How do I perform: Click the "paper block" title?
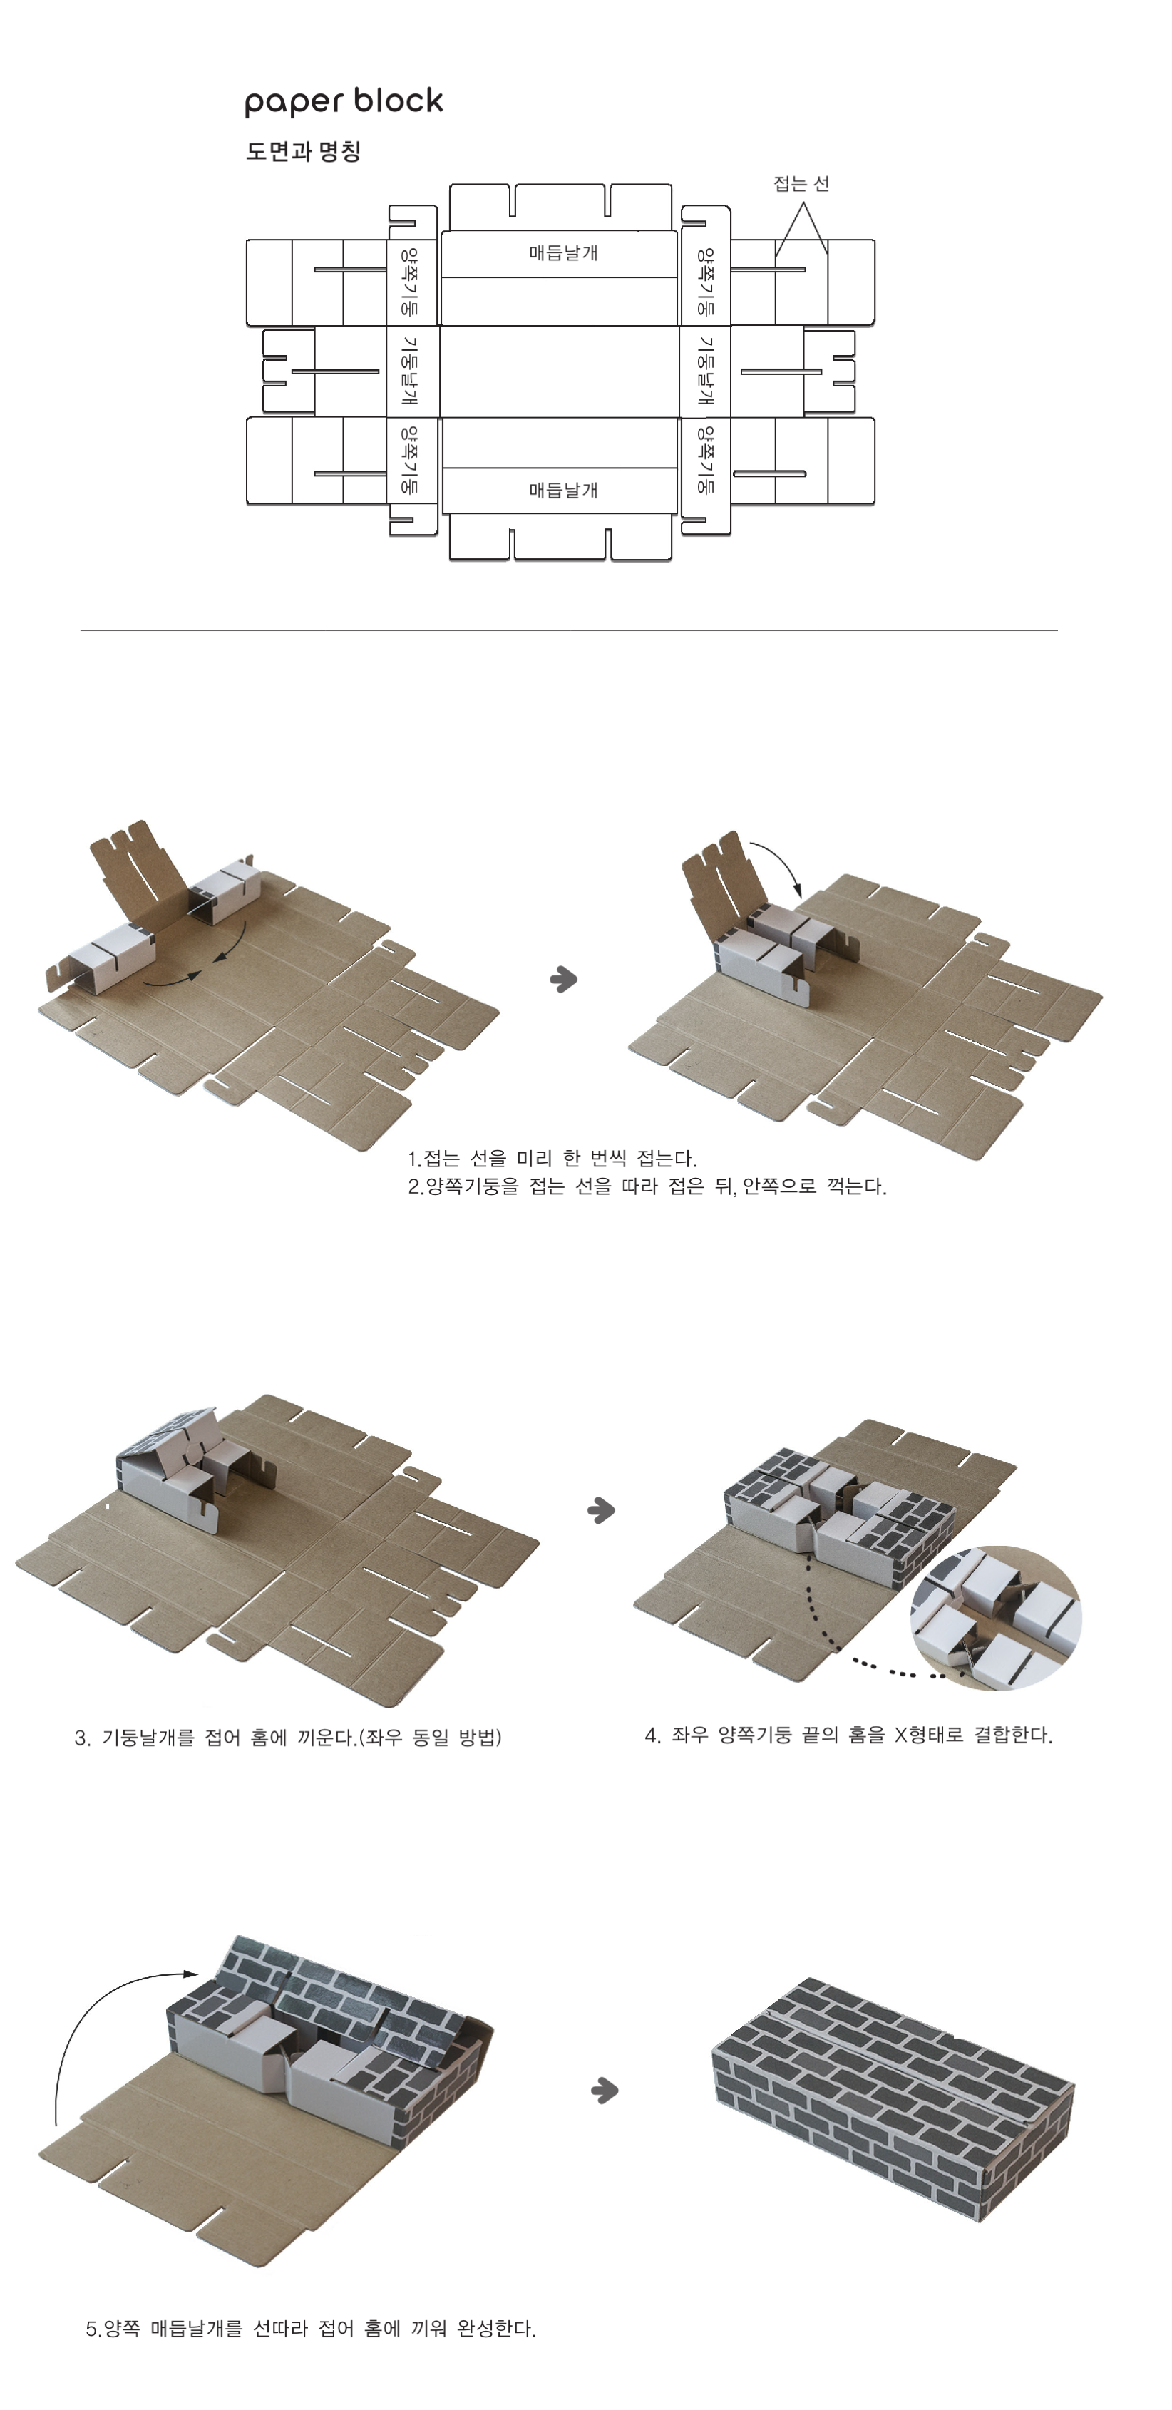[344, 102]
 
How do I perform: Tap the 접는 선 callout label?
[801, 183]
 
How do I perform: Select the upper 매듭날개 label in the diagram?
[563, 252]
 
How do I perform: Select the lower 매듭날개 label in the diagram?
[563, 489]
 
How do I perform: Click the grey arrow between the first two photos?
[563, 978]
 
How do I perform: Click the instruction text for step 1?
[552, 1158]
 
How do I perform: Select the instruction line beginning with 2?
[647, 1186]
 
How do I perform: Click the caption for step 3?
[288, 1738]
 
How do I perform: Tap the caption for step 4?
[848, 1735]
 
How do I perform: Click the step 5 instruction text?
[311, 2329]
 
